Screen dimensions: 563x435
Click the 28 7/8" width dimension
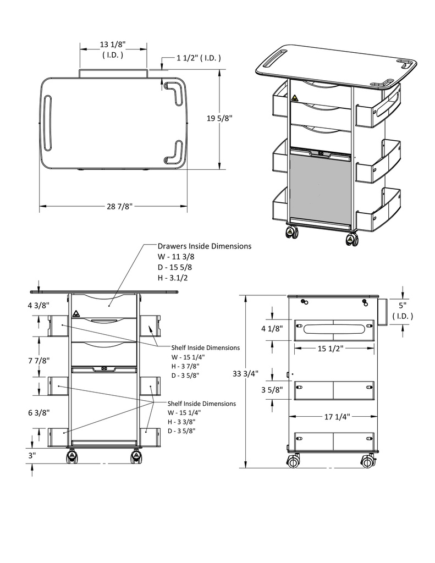pyautogui.click(x=119, y=206)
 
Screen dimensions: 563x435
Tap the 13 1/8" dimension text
pyautogui.click(x=113, y=44)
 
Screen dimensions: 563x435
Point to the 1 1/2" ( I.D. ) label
pyautogui.click(x=199, y=58)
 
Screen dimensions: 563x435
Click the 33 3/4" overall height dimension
pyautogui.click(x=245, y=374)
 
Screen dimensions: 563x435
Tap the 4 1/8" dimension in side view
pyautogui.click(x=272, y=329)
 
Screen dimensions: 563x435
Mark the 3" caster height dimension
pyautogui.click(x=32, y=455)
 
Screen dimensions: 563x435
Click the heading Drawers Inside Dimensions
pyautogui.click(x=204, y=246)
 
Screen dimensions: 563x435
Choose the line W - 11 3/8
pyautogui.click(x=175, y=257)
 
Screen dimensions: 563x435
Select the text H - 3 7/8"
pyautogui.click(x=185, y=366)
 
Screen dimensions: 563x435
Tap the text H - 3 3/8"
pyautogui.click(x=181, y=422)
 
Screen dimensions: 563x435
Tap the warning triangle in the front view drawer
pyautogui.click(x=75, y=314)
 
